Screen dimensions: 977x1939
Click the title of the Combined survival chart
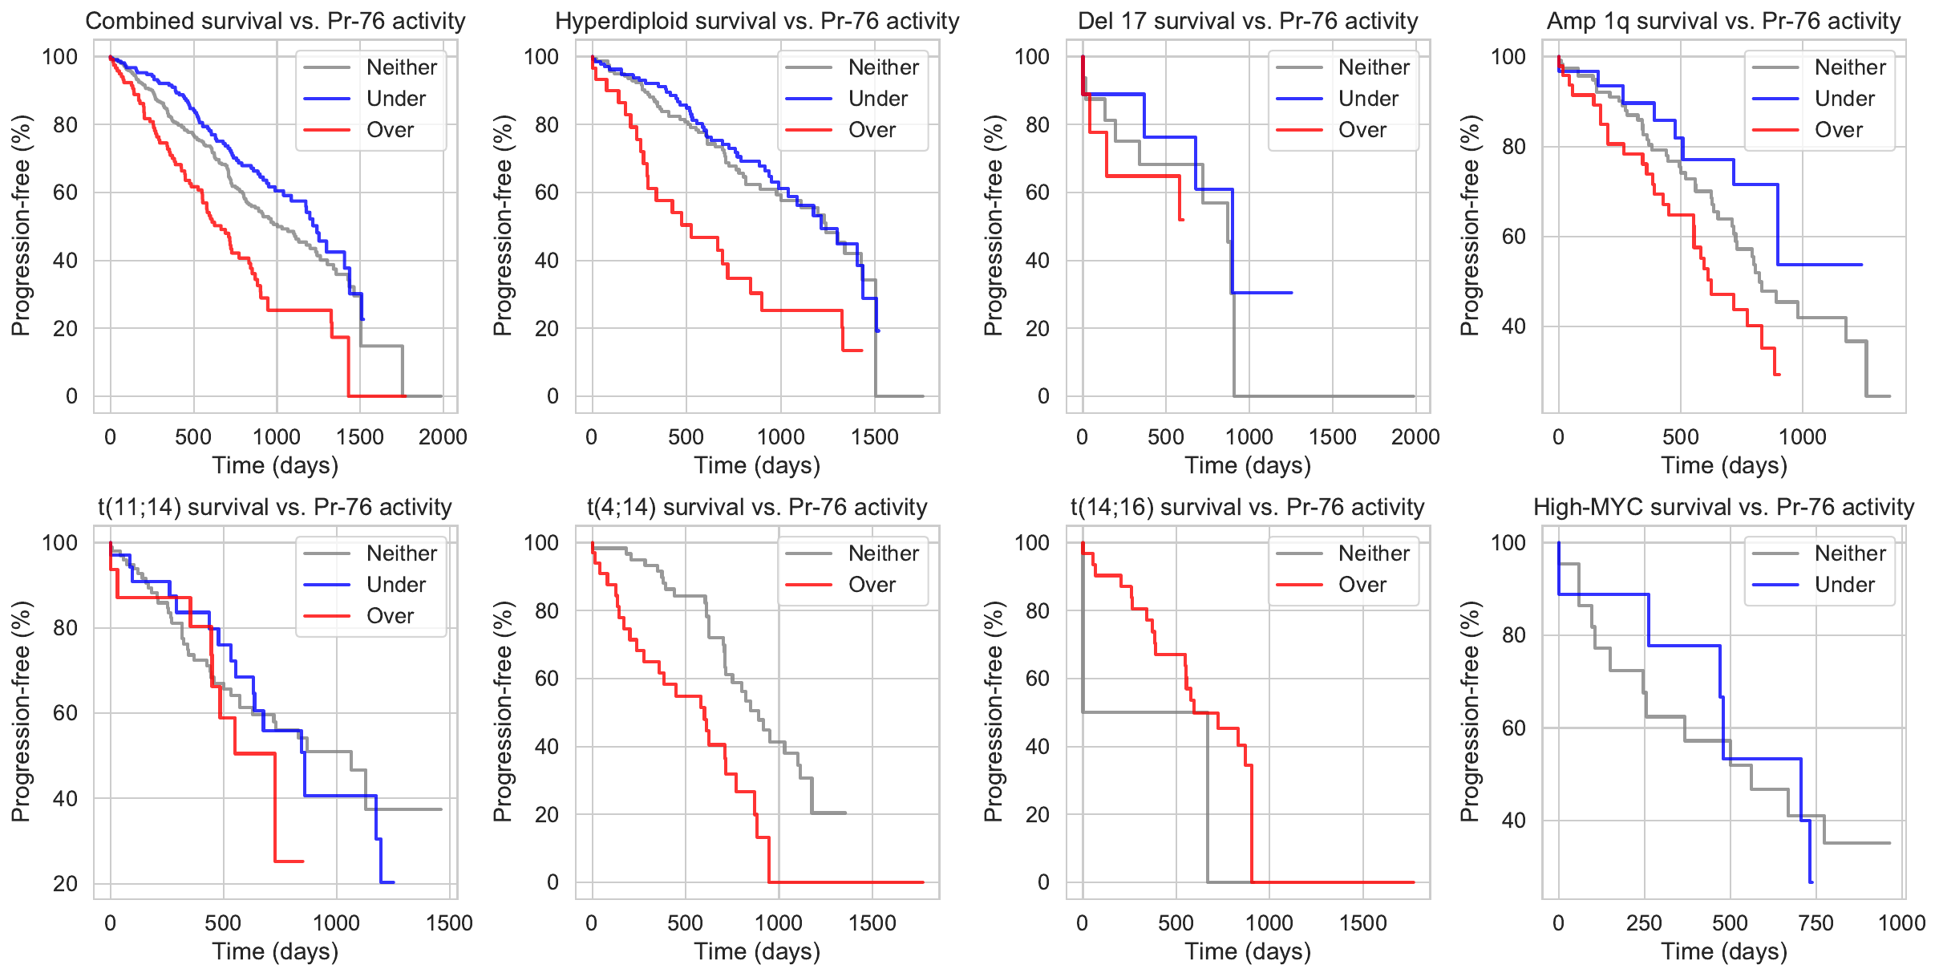coord(275,21)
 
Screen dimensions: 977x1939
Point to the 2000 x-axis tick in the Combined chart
coord(443,437)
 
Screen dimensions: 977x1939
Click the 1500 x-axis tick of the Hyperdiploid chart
coord(875,437)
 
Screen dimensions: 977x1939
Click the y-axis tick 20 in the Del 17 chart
coord(1038,329)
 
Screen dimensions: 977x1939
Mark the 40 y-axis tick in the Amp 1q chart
coord(1513,326)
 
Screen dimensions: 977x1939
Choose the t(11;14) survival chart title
coord(275,507)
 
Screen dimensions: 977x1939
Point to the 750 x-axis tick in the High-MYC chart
coord(1816,923)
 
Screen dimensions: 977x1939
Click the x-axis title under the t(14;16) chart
coord(1248,951)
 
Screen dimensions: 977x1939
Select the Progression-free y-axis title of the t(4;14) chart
coord(503,711)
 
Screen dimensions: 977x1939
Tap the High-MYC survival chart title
coord(1723,507)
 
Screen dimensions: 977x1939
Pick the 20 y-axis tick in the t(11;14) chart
coord(66,884)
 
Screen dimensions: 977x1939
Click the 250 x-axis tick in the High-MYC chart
coord(1644,923)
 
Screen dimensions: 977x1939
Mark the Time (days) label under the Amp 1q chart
coord(1723,465)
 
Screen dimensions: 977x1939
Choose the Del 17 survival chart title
coord(1248,21)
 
